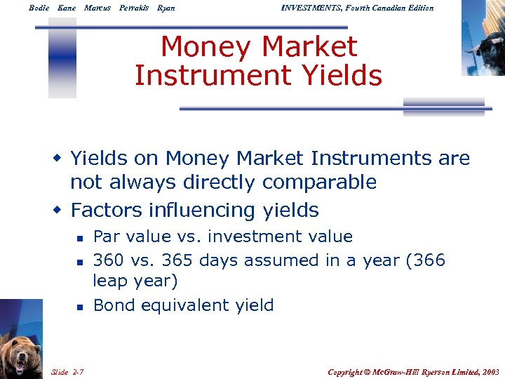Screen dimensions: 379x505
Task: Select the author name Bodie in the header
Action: tap(39, 8)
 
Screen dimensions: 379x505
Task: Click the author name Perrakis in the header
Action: tap(134, 8)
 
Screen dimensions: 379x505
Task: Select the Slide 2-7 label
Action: tap(68, 371)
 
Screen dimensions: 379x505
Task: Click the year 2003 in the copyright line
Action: tap(490, 371)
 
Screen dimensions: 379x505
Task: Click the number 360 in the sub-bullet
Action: tap(108, 261)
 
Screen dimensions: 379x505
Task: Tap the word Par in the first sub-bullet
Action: tap(106, 237)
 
